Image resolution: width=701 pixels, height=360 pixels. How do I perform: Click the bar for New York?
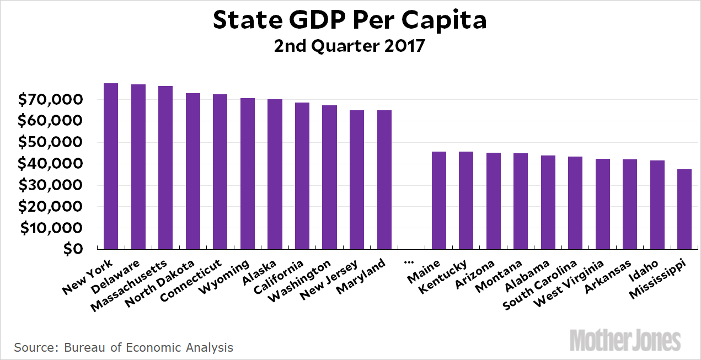tap(111, 166)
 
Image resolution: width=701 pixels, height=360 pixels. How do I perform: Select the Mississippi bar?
tap(684, 209)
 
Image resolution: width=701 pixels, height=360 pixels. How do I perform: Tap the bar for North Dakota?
tap(192, 171)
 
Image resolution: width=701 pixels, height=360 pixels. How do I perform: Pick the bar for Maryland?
tap(384, 180)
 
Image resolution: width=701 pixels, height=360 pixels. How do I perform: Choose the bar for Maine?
tap(438, 201)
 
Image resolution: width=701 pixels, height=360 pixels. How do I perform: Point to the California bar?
tap(302, 176)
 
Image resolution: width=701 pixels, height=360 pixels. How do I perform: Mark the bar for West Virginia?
tap(602, 204)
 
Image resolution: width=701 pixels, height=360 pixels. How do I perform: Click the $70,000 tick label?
tap(51, 100)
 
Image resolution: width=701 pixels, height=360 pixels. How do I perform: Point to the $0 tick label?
tap(72, 249)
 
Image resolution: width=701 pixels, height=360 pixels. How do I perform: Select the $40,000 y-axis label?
tap(51, 164)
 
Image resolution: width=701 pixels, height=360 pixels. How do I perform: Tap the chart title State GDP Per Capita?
tap(350, 21)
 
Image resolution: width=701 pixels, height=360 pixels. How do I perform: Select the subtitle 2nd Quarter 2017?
tap(350, 45)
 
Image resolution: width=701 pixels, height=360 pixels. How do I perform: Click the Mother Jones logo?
tap(625, 340)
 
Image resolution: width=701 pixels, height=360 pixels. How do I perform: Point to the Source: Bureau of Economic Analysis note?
tap(124, 347)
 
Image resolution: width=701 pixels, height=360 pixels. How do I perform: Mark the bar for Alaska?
tap(275, 174)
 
